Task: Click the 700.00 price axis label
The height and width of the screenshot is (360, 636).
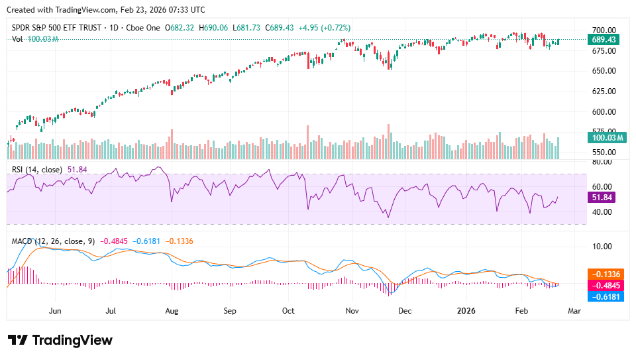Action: [x=604, y=30]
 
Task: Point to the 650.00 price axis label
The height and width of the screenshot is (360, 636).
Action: [x=604, y=71]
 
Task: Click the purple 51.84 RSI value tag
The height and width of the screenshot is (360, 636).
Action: [x=603, y=198]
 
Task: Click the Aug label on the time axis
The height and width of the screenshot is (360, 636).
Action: [x=172, y=310]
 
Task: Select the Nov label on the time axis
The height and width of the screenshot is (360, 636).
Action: [x=352, y=310]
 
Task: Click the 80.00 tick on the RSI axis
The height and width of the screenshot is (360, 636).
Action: [x=602, y=162]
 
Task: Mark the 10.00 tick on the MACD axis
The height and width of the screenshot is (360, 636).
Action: [x=602, y=246]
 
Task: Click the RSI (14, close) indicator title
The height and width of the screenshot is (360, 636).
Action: [x=37, y=170]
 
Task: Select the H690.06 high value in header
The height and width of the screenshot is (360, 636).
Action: [x=219, y=28]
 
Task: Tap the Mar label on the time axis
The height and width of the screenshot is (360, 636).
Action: [x=574, y=310]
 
